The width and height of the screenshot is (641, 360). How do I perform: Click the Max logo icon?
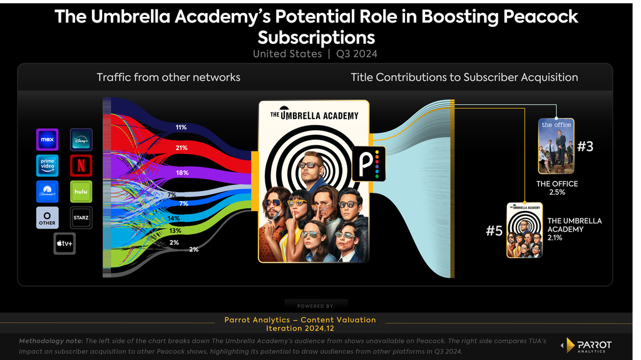[48, 140]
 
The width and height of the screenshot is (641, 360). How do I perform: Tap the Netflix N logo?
[81, 166]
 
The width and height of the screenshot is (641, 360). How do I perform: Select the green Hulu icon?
[81, 192]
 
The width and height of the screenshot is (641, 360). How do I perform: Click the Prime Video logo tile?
[48, 166]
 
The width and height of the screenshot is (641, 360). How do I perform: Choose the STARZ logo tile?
[81, 218]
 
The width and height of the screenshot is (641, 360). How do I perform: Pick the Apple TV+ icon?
[64, 244]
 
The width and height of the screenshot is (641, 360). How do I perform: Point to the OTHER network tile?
[48, 218]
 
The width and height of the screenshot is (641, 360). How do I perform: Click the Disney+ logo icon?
[81, 140]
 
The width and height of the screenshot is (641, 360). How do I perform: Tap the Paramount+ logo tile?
[48, 192]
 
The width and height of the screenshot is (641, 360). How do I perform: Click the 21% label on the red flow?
[182, 148]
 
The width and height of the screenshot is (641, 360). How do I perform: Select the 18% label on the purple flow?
[182, 173]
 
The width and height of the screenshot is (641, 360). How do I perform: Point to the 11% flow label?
[181, 127]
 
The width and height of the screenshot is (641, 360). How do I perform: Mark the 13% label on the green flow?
[175, 231]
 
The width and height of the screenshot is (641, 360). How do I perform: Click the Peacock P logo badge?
[369, 163]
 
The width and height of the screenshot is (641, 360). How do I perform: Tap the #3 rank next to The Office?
[585, 147]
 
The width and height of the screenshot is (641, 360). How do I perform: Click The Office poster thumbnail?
[556, 146]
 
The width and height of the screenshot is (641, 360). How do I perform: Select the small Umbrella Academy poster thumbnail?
[525, 230]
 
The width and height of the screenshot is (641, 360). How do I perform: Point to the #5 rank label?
[494, 231]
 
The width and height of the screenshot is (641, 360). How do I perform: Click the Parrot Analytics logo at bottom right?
[587, 346]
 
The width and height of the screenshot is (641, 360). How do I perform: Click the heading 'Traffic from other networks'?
[168, 77]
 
